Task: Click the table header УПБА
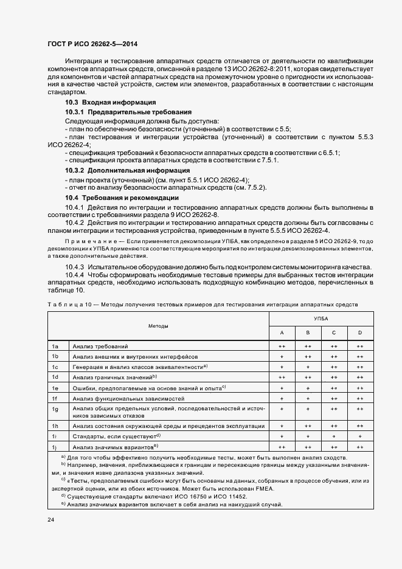[321, 318]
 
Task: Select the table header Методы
[158, 326]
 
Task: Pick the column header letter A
[282, 333]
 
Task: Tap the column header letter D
[359, 333]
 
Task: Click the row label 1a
[55, 346]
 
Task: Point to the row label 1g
[55, 409]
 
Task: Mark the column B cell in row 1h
[308, 426]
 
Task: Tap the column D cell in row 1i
[359, 436]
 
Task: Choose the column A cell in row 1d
[282, 378]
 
